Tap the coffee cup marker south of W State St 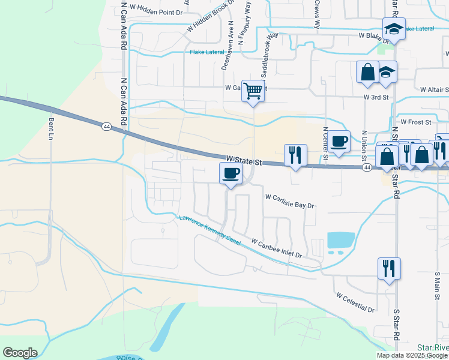[231, 174]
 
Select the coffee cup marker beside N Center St [339, 142]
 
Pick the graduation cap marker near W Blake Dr [394, 28]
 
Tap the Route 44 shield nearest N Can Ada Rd [106, 127]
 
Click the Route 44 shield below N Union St [366, 168]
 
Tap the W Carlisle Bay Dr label [289, 200]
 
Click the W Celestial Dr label [355, 303]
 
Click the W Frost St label [416, 122]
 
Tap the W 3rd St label [376, 97]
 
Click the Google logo [20, 353]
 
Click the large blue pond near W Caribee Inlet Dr [340, 240]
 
